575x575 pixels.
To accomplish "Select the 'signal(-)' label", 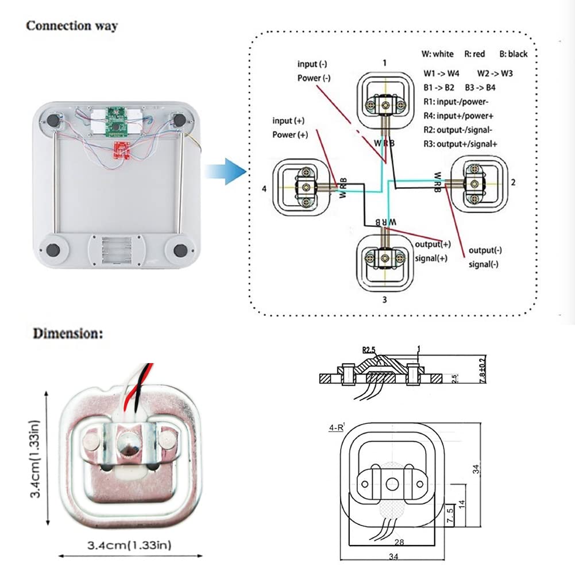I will coord(484,264).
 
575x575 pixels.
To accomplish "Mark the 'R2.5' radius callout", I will coord(368,349).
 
